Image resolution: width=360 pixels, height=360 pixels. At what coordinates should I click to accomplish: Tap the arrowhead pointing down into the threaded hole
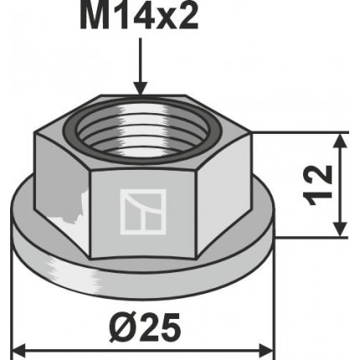(x=139, y=86)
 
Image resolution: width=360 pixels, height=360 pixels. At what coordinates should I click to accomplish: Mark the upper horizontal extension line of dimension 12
(x=301, y=133)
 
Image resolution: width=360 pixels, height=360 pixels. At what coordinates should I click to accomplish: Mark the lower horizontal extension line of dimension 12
(x=310, y=238)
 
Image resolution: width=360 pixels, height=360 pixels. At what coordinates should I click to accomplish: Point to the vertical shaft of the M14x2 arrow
(x=139, y=59)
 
